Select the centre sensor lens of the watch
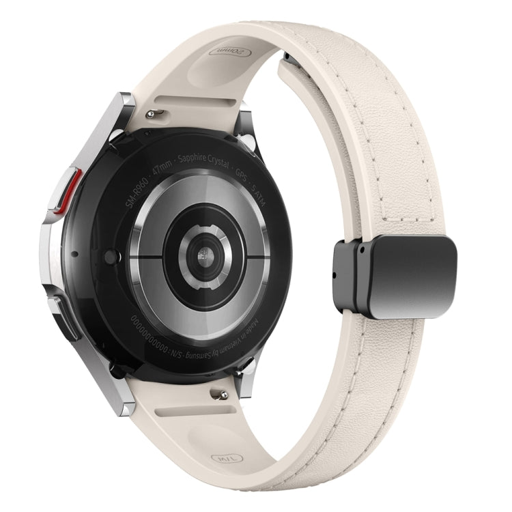point(204,258)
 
